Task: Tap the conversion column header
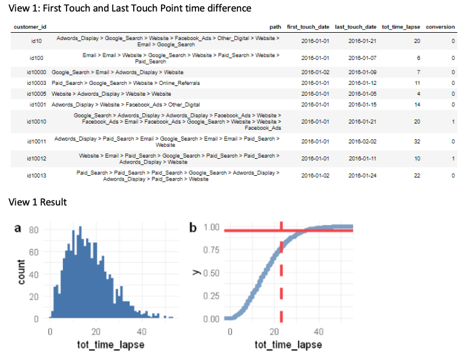(x=440, y=27)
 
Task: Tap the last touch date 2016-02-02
(x=362, y=142)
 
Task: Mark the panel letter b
(x=193, y=228)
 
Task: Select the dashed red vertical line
(x=281, y=273)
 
